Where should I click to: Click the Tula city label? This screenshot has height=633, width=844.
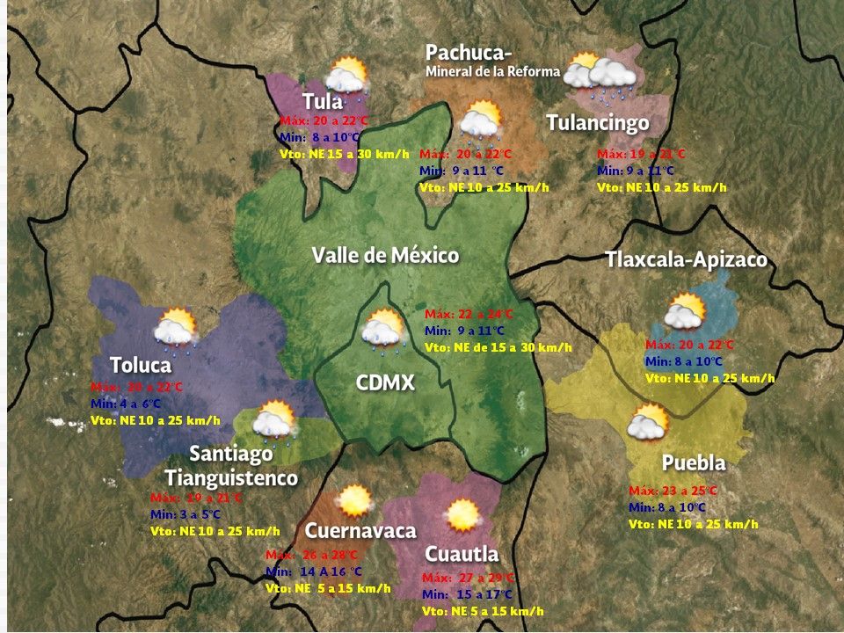click(x=323, y=101)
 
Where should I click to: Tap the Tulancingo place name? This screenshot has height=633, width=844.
click(x=598, y=122)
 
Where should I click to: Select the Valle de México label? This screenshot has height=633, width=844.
click(x=385, y=256)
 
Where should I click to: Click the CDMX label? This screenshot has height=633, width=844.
click(x=385, y=383)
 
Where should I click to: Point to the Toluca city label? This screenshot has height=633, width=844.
click(x=140, y=364)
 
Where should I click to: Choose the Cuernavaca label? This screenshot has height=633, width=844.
click(x=360, y=531)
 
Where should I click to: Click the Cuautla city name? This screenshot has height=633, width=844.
click(x=462, y=554)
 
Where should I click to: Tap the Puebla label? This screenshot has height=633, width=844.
click(x=693, y=462)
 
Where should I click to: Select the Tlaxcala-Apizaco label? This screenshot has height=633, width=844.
click(x=686, y=260)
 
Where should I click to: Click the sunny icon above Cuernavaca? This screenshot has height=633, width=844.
click(x=355, y=501)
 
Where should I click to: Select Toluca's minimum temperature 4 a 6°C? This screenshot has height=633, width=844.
click(x=126, y=404)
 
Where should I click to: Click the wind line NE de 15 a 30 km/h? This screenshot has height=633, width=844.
click(x=498, y=347)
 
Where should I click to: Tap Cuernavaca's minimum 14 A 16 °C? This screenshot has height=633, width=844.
click(x=315, y=571)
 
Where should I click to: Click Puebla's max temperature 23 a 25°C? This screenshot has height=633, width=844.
click(x=673, y=491)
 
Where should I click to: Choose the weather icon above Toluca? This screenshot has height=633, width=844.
click(x=174, y=326)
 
